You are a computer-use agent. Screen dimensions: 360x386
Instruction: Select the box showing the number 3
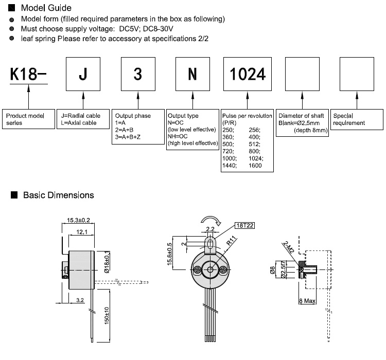(x=137, y=74)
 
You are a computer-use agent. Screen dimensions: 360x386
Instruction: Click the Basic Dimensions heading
(x=58, y=195)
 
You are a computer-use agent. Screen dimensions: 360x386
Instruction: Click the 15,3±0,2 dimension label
(x=79, y=220)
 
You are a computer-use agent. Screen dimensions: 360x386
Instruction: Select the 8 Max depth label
(x=308, y=299)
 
